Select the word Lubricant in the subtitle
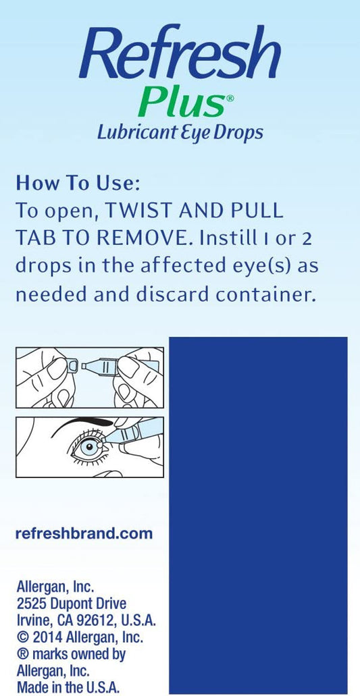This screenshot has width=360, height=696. tap(135, 132)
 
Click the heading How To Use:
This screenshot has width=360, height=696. tap(78, 184)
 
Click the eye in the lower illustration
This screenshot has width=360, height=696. tap(88, 446)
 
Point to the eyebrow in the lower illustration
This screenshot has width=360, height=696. tap(82, 424)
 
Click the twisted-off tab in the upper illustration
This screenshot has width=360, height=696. tap(73, 366)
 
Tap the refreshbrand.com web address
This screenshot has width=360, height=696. tap(84, 533)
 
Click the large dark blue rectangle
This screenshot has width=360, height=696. tap(258, 516)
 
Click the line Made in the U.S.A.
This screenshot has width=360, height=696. tap(68, 688)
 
